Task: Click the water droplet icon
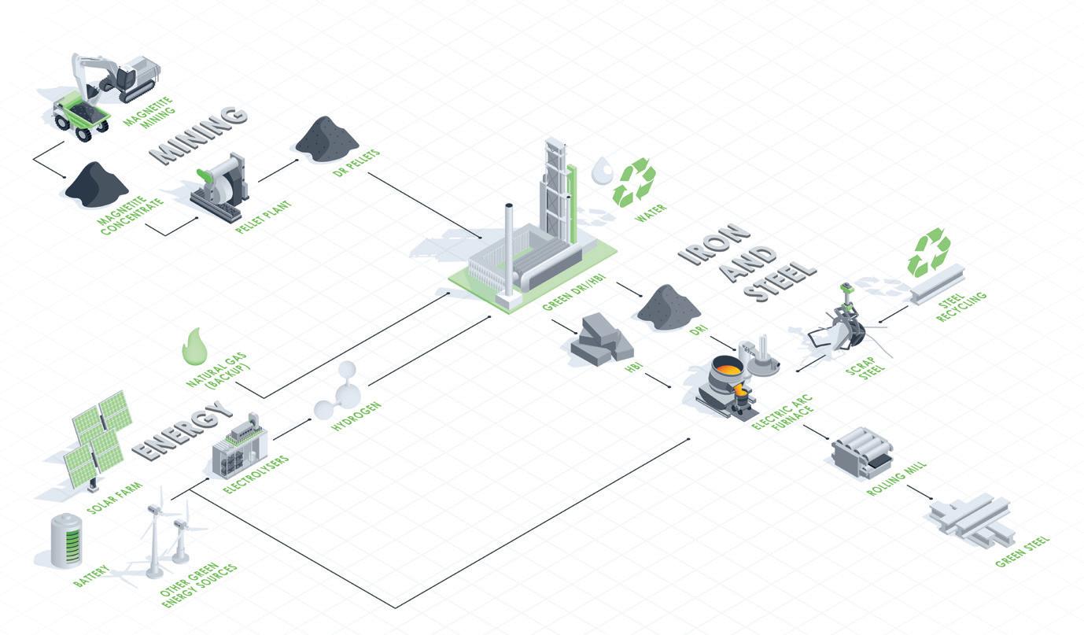click(602, 170)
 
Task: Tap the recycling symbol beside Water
click(634, 183)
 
